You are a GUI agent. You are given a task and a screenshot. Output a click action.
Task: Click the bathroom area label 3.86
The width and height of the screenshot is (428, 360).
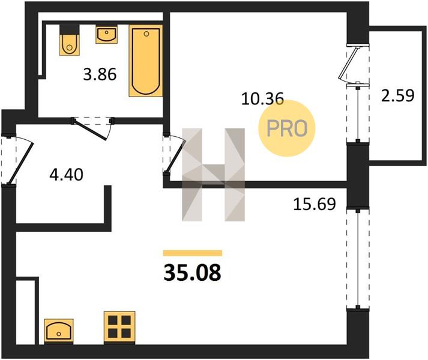click(x=100, y=74)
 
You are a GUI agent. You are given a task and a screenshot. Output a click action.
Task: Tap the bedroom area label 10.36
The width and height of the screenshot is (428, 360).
click(x=262, y=98)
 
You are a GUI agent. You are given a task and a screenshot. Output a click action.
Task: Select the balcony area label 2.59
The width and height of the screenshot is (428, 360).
click(x=397, y=95)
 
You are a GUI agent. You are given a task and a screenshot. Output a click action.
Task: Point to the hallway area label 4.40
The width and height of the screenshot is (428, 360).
click(x=66, y=175)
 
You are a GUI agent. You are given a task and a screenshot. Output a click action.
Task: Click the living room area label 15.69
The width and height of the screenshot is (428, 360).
click(x=314, y=204)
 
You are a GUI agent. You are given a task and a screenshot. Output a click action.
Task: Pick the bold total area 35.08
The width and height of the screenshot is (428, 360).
click(x=192, y=272)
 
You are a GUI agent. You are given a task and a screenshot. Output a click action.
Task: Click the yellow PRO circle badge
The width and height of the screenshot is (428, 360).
click(x=287, y=128)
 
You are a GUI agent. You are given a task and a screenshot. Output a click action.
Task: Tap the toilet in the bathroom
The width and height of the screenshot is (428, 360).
click(x=70, y=44)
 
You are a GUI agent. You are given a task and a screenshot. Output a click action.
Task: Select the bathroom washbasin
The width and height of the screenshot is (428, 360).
click(x=106, y=34)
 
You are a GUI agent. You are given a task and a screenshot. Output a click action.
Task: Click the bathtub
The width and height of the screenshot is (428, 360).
click(x=146, y=61)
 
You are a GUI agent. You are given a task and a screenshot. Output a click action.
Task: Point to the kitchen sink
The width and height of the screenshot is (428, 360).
click(x=59, y=331)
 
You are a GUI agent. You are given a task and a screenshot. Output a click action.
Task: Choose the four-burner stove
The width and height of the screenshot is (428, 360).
click(x=119, y=327)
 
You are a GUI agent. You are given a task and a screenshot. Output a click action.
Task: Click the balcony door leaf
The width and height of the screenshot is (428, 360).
click(x=348, y=64)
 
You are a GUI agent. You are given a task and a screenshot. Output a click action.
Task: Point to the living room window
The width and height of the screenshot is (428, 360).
click(x=358, y=259)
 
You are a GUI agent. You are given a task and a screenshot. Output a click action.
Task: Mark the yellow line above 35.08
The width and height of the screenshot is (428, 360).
click(x=193, y=253)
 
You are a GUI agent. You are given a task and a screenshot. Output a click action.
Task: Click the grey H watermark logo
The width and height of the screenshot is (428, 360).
click(x=214, y=175)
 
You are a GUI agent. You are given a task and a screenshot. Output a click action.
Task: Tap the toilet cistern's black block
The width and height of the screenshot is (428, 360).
click(x=69, y=29)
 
